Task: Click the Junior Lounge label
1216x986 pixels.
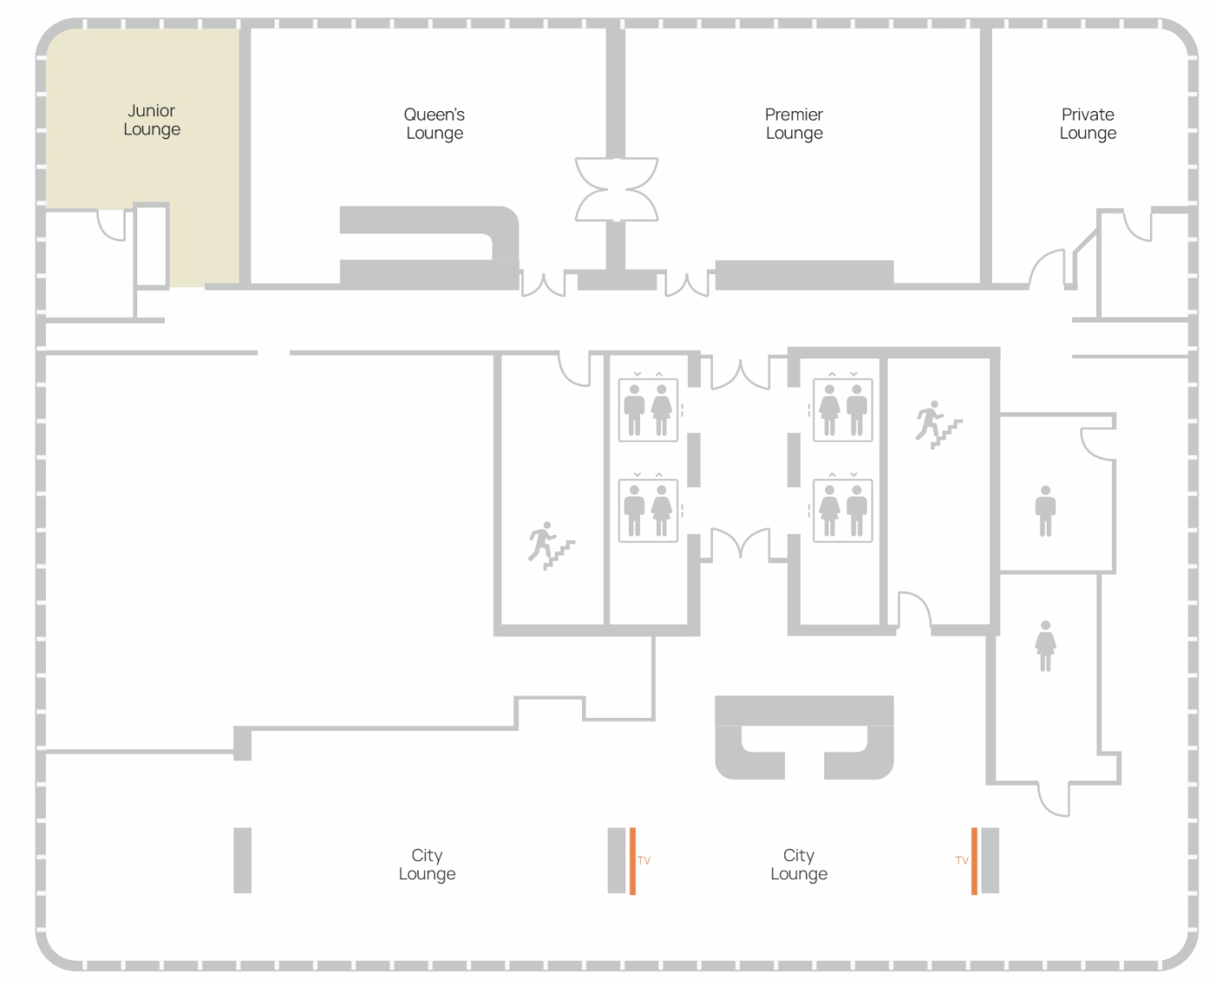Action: [x=151, y=120]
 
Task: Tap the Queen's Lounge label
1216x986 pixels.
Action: [x=434, y=124]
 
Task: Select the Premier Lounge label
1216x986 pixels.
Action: [x=794, y=124]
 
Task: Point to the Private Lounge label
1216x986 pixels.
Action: [x=1087, y=124]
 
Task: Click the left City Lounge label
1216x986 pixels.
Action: [x=426, y=864]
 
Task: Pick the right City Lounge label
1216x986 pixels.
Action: [x=798, y=864]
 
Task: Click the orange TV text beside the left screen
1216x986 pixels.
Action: [x=644, y=860]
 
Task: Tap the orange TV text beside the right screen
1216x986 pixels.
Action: [x=962, y=860]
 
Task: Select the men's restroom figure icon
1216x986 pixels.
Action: [x=1045, y=510]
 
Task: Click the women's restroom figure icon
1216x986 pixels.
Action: [x=1045, y=646]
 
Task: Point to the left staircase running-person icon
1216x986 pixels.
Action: [x=551, y=545]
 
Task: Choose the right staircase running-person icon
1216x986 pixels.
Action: [x=938, y=424]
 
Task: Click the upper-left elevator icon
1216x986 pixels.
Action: [x=647, y=409]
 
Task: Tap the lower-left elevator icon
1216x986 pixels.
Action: [x=647, y=509]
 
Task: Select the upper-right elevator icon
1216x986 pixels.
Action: [x=842, y=409]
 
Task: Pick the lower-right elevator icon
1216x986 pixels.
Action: [x=842, y=509]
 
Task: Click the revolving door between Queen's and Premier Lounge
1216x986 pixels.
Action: [x=616, y=189]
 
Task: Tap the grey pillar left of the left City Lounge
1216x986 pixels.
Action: [x=242, y=860]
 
